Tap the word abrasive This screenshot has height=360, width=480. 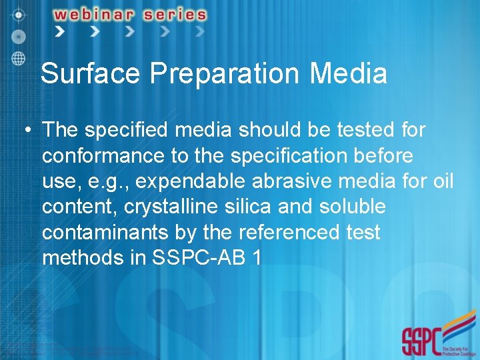coord(289,181)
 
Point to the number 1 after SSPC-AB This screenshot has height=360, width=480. coord(257,257)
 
